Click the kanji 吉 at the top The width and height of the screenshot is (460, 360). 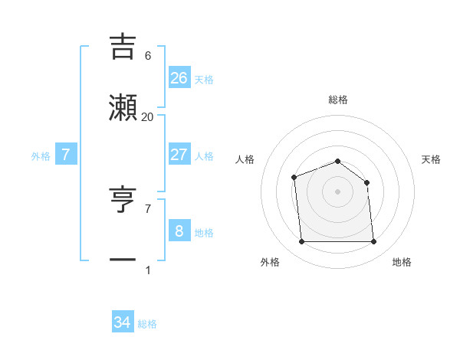pos(123,45)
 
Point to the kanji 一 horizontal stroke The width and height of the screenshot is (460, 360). pos(123,260)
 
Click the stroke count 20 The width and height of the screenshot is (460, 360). pos(148,117)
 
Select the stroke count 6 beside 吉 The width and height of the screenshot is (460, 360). pos(148,56)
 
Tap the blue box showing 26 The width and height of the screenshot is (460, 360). pos(179,78)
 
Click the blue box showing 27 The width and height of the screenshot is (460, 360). pos(179,155)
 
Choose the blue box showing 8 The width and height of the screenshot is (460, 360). pos(179,231)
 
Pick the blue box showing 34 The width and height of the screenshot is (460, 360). pos(123,322)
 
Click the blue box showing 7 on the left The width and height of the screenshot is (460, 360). pos(66,155)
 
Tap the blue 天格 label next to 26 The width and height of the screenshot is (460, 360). pos(204,80)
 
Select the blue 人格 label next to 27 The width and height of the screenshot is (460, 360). pos(204,156)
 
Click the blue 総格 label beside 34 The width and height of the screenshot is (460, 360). pos(147,324)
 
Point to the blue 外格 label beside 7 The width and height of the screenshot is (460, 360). pos(41,156)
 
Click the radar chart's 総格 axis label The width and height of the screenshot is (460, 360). pos(338,100)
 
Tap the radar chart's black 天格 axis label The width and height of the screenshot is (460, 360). pos(431,159)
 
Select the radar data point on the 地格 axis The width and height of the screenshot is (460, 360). pos(374,242)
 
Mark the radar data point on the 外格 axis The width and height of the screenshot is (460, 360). pos(302,242)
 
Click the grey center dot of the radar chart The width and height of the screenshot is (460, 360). pos(338,191)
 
